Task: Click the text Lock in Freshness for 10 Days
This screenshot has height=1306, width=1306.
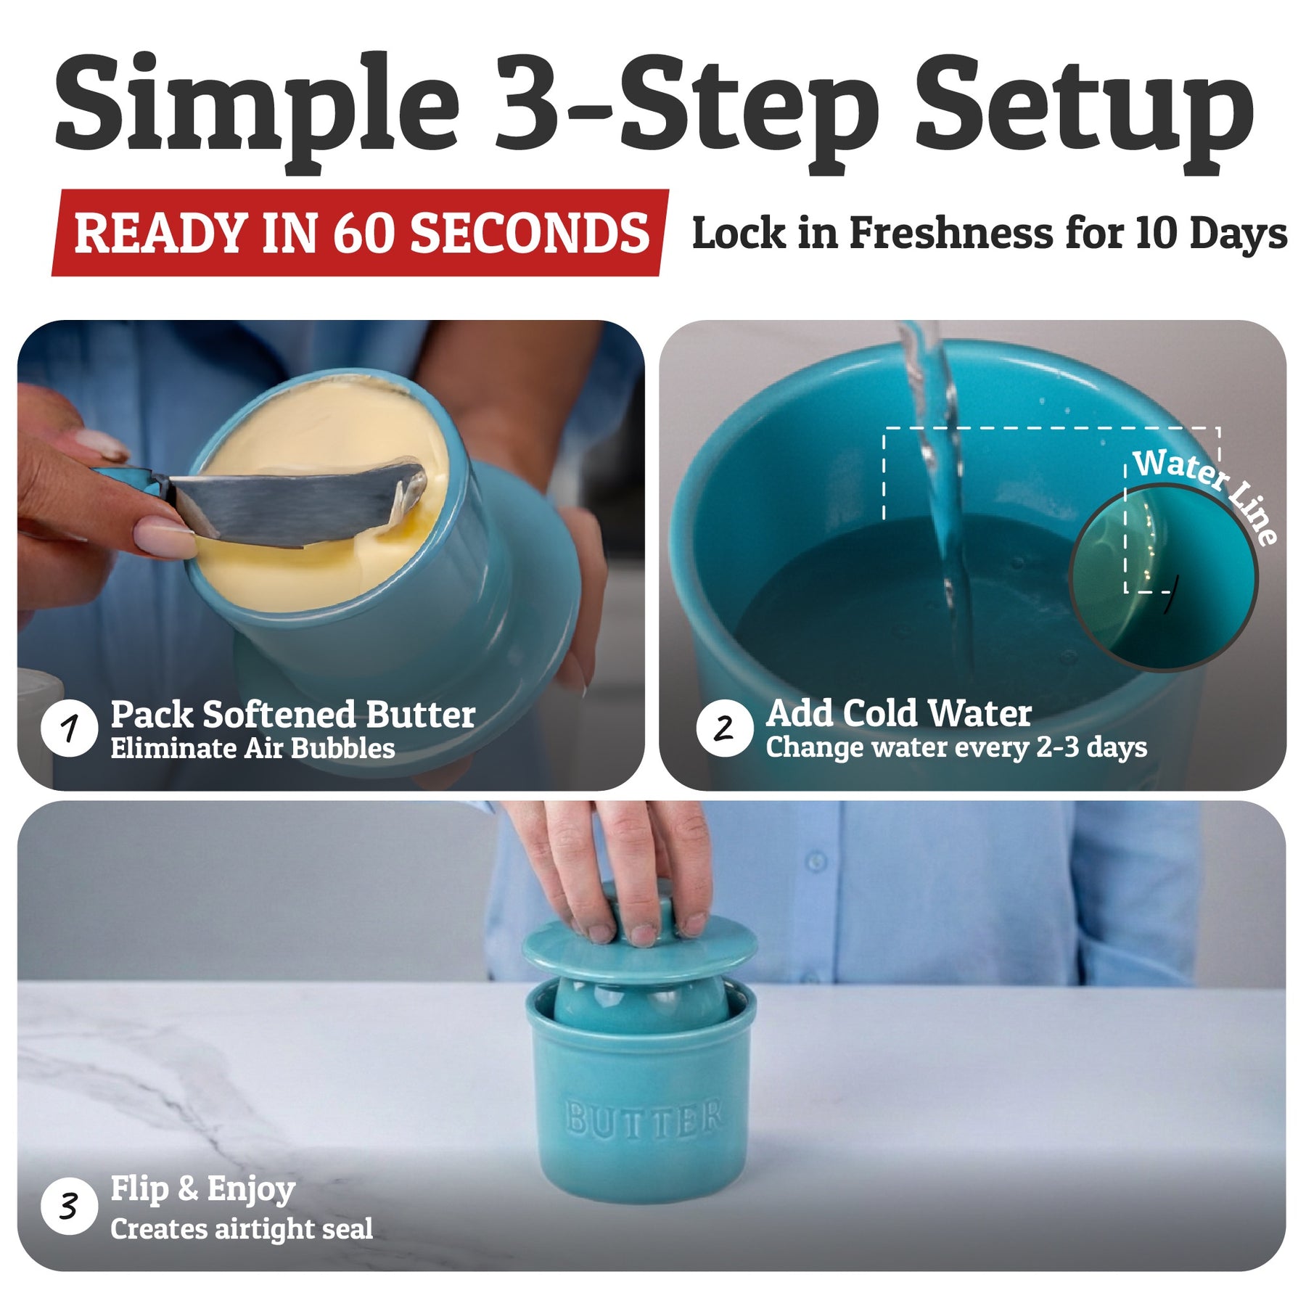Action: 990,234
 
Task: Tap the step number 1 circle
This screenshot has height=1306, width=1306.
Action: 70,728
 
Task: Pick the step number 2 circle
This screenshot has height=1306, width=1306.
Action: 724,728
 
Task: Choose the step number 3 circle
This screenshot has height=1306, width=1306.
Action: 70,1207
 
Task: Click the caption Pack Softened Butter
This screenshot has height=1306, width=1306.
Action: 293,715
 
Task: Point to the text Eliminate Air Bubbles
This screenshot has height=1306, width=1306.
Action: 252,748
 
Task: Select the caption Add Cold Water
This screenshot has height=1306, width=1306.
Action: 899,713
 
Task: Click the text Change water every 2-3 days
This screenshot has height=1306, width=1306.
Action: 956,747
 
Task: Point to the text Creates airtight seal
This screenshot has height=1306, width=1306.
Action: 242,1229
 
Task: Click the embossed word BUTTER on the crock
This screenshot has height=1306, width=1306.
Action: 644,1118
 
